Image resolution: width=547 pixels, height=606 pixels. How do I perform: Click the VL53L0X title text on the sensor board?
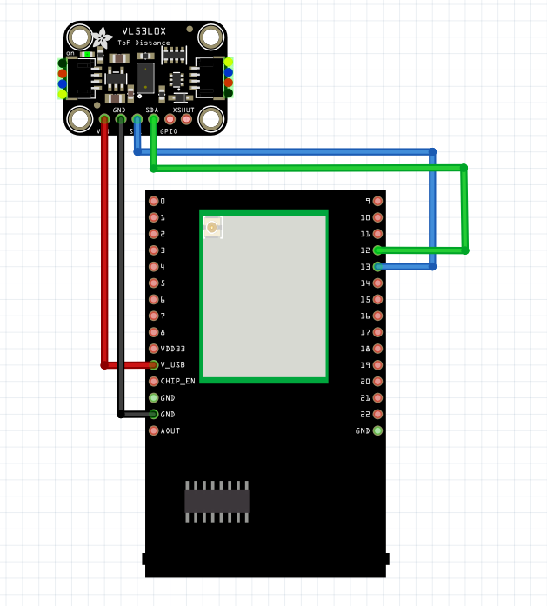tap(144, 31)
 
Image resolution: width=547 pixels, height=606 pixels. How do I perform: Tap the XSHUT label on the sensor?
tap(183, 110)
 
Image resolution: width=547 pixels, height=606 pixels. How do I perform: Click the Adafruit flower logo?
tap(103, 37)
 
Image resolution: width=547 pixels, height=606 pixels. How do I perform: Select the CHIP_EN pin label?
tap(178, 381)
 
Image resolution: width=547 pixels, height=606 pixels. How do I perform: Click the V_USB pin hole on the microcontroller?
tap(154, 365)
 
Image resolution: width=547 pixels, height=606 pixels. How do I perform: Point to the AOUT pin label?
tap(170, 430)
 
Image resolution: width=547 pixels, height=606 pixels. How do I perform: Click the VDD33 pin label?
tap(173, 349)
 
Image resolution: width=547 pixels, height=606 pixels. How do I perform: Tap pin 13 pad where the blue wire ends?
tap(377, 267)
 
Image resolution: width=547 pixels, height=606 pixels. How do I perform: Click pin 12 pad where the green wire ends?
tap(377, 250)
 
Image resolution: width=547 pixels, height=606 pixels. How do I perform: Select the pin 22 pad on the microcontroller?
tap(377, 414)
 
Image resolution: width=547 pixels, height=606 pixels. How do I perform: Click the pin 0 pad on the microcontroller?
tap(154, 201)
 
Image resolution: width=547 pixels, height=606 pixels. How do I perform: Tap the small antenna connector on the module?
tap(211, 228)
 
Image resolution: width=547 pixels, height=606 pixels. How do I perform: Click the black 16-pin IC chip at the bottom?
tap(217, 501)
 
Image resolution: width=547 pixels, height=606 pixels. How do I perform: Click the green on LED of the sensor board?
tap(87, 54)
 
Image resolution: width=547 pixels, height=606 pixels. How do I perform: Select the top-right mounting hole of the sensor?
tap(210, 37)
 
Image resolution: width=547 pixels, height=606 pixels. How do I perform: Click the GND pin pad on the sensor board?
tap(120, 119)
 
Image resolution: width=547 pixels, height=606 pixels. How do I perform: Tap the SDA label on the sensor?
tap(152, 110)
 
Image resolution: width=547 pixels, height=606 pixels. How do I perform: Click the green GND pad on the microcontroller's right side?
tap(377, 430)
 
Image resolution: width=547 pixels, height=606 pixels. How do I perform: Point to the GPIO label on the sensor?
tap(169, 131)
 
